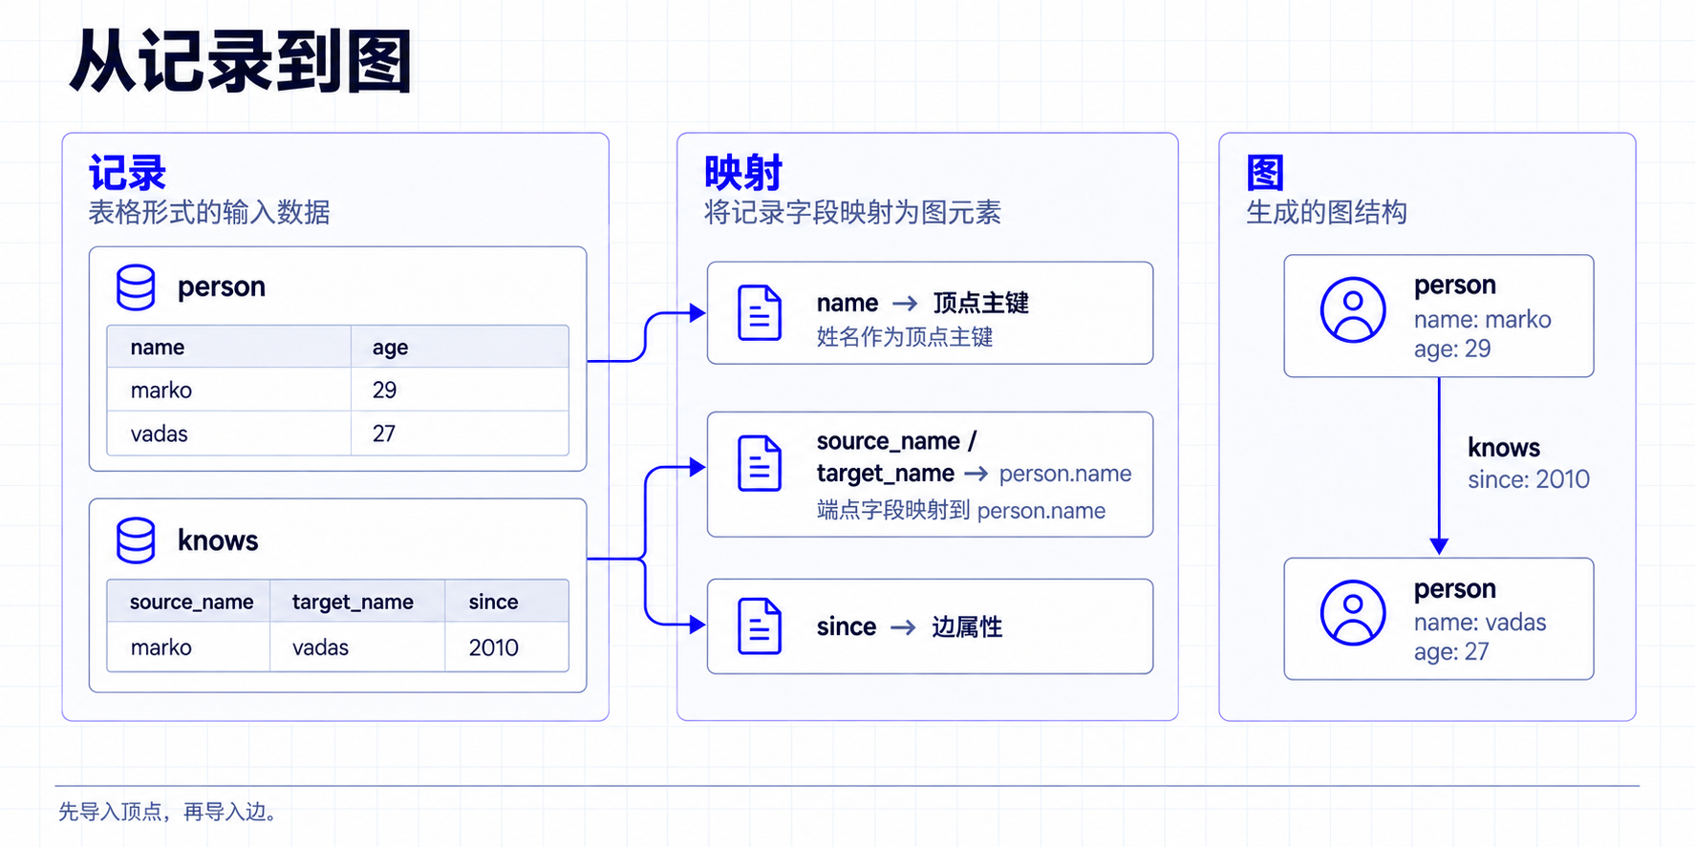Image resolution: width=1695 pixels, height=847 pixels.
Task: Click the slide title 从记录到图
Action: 240,62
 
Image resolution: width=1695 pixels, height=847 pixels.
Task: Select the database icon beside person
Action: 136,287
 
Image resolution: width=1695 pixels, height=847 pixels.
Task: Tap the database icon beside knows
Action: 136,540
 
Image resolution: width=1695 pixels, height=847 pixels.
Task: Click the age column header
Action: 390,348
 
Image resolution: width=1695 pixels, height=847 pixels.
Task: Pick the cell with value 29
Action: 384,390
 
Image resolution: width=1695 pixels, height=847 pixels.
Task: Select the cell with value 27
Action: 383,434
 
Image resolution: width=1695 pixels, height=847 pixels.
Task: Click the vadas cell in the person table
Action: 159,434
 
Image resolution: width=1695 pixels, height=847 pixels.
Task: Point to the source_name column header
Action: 191,602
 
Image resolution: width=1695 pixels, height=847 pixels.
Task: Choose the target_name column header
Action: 353,602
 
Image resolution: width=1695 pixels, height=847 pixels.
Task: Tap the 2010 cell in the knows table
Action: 493,647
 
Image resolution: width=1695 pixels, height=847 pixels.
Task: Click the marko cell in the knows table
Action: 161,647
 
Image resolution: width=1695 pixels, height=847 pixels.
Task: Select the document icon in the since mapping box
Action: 760,626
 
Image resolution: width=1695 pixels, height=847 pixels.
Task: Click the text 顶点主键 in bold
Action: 980,303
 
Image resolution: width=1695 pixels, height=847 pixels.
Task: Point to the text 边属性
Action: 967,626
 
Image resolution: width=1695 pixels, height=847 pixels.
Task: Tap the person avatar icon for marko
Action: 1353,309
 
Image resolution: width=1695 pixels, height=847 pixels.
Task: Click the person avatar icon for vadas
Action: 1353,612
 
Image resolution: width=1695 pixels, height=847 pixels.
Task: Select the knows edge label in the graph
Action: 1504,448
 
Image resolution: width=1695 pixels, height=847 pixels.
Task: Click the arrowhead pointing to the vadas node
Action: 1439,546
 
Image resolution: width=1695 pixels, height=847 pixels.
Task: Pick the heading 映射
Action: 742,173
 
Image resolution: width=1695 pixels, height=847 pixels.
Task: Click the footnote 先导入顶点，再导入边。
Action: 167,812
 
